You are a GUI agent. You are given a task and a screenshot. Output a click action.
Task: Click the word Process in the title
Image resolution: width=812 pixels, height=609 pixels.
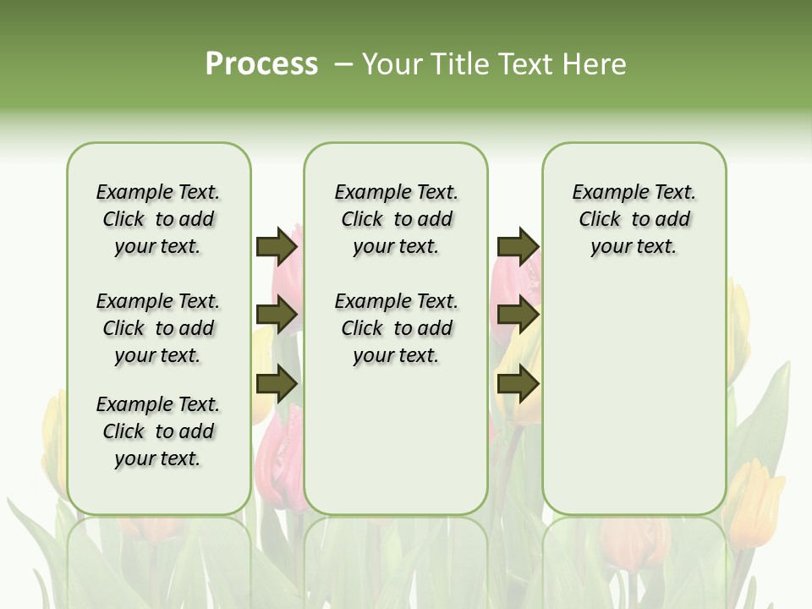(x=261, y=64)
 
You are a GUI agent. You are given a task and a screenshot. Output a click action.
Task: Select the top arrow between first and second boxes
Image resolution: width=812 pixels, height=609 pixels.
(x=277, y=246)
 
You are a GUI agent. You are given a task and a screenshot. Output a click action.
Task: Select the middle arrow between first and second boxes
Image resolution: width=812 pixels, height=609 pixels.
(x=277, y=315)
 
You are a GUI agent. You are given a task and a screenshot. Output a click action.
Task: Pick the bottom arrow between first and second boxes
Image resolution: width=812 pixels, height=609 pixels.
(x=277, y=385)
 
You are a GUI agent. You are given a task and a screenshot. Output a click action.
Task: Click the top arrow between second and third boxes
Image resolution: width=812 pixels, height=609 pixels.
(x=518, y=246)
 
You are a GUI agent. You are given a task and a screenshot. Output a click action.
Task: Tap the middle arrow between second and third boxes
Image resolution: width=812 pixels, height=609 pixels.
(x=518, y=315)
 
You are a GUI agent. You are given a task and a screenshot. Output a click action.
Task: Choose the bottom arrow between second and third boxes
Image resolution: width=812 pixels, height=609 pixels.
(x=518, y=385)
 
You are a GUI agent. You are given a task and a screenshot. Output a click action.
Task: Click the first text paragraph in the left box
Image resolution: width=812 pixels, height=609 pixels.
(x=158, y=219)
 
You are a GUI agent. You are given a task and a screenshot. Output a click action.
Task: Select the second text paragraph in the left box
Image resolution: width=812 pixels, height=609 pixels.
(x=158, y=328)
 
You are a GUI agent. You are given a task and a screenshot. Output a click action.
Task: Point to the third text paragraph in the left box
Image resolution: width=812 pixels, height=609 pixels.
(x=158, y=431)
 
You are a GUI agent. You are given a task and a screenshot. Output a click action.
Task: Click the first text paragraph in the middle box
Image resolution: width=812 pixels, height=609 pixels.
(x=396, y=219)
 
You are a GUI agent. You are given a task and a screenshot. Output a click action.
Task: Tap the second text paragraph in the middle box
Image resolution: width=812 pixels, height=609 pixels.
(x=396, y=328)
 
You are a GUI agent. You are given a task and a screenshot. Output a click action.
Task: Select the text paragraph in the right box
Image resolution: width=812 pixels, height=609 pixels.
(x=634, y=219)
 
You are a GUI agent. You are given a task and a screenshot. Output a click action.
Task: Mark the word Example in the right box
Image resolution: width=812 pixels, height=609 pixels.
(x=603, y=193)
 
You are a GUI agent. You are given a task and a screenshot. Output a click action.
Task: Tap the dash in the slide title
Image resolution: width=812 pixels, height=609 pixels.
(x=343, y=64)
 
